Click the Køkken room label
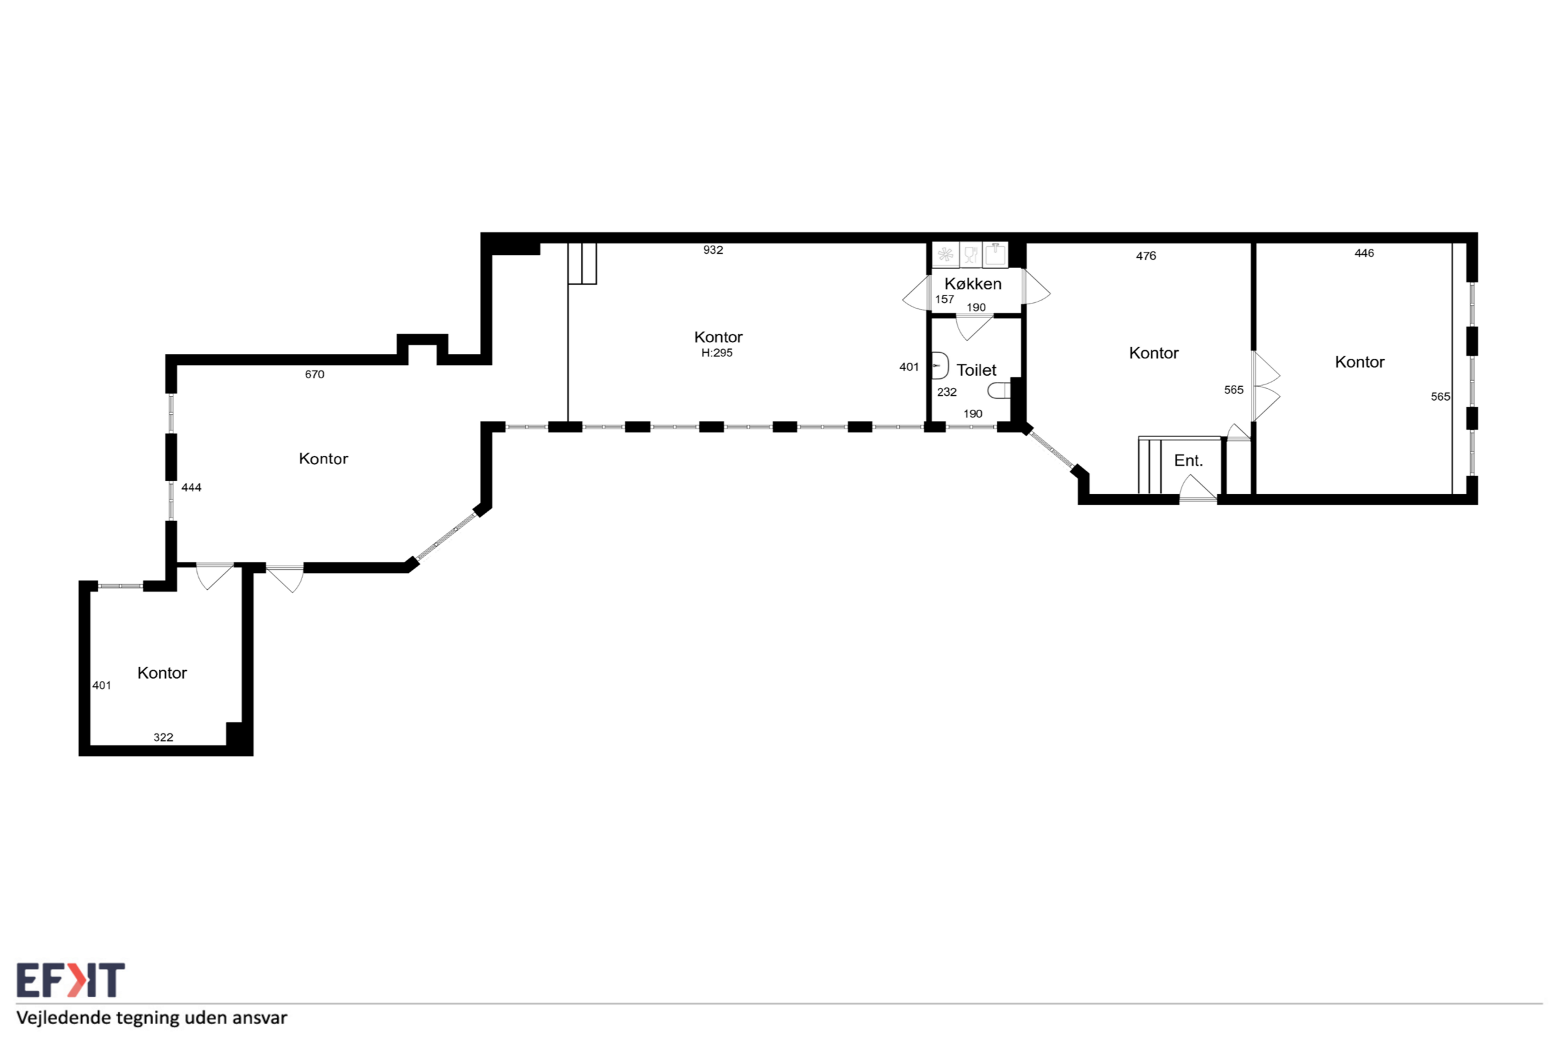tap(973, 284)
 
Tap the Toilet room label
tap(976, 370)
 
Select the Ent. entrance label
tap(1188, 461)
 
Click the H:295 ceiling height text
tap(717, 353)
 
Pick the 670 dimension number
tap(314, 375)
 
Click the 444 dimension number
tap(192, 488)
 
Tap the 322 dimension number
tap(164, 738)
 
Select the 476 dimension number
tap(1146, 256)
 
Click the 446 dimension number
tap(1364, 254)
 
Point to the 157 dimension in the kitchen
tap(945, 299)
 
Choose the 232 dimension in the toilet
tap(946, 392)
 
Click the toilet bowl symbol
tap(999, 390)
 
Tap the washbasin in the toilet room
tap(940, 365)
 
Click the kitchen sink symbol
tap(995, 254)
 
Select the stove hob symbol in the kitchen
tap(945, 255)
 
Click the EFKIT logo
tap(70, 980)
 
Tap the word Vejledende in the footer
tap(63, 1017)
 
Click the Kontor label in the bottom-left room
tap(162, 673)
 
